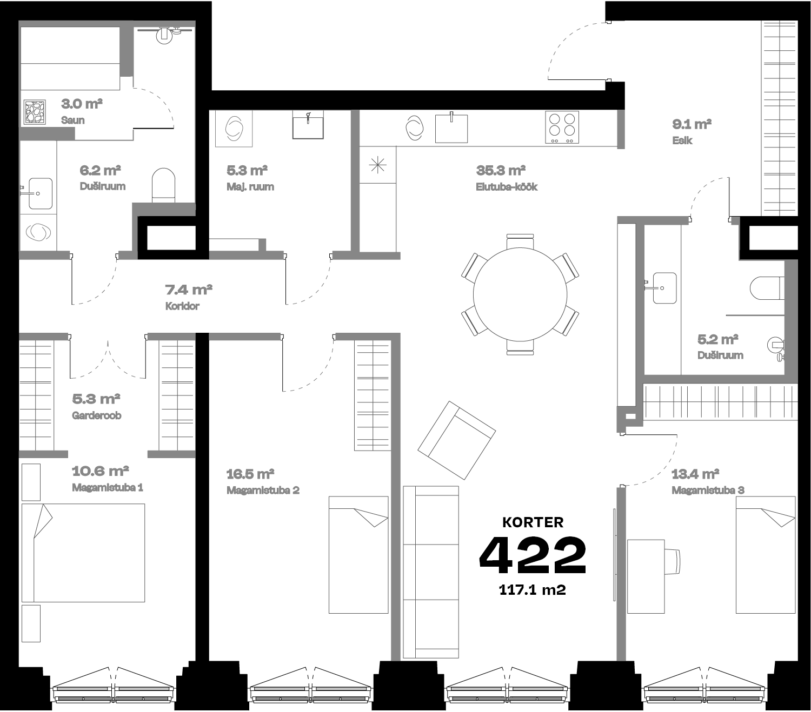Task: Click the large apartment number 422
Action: click(533, 555)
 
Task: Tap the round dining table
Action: click(520, 294)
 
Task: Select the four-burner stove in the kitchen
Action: click(562, 127)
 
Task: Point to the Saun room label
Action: click(73, 120)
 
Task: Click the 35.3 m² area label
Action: click(501, 171)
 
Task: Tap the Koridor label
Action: click(182, 306)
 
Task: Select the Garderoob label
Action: click(96, 415)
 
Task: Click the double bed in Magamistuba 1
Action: click(83, 553)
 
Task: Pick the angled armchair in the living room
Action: click(457, 440)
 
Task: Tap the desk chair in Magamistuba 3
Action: click(672, 562)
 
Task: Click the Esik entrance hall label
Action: click(682, 140)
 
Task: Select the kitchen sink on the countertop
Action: click(451, 128)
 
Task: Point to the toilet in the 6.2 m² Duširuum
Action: click(164, 185)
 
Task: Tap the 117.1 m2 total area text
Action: click(532, 590)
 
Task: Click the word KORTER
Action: click(533, 522)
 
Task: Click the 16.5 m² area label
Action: click(250, 474)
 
